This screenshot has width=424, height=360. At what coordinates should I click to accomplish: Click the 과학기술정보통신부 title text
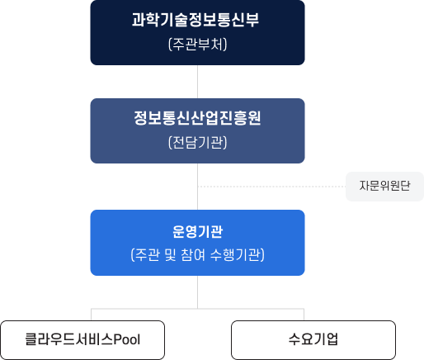196,21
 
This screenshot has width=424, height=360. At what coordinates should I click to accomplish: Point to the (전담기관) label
197,142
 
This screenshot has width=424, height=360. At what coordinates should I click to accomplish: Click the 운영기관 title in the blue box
197,230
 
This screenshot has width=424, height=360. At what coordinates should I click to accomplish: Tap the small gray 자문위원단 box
384,187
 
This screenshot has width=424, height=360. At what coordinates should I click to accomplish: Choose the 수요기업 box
313,339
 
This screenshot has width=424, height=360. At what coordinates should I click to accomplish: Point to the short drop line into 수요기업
304,315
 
